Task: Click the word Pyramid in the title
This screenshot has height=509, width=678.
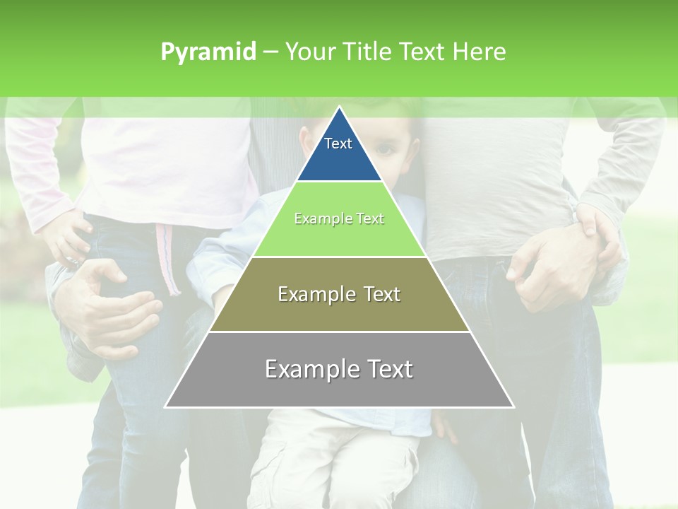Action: (x=208, y=52)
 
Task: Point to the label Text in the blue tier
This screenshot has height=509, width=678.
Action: (x=338, y=144)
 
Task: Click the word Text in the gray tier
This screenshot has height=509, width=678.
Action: (x=388, y=369)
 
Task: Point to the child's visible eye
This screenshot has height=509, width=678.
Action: (x=386, y=148)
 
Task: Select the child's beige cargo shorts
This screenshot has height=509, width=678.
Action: (x=332, y=460)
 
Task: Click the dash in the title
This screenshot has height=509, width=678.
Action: (x=270, y=52)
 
